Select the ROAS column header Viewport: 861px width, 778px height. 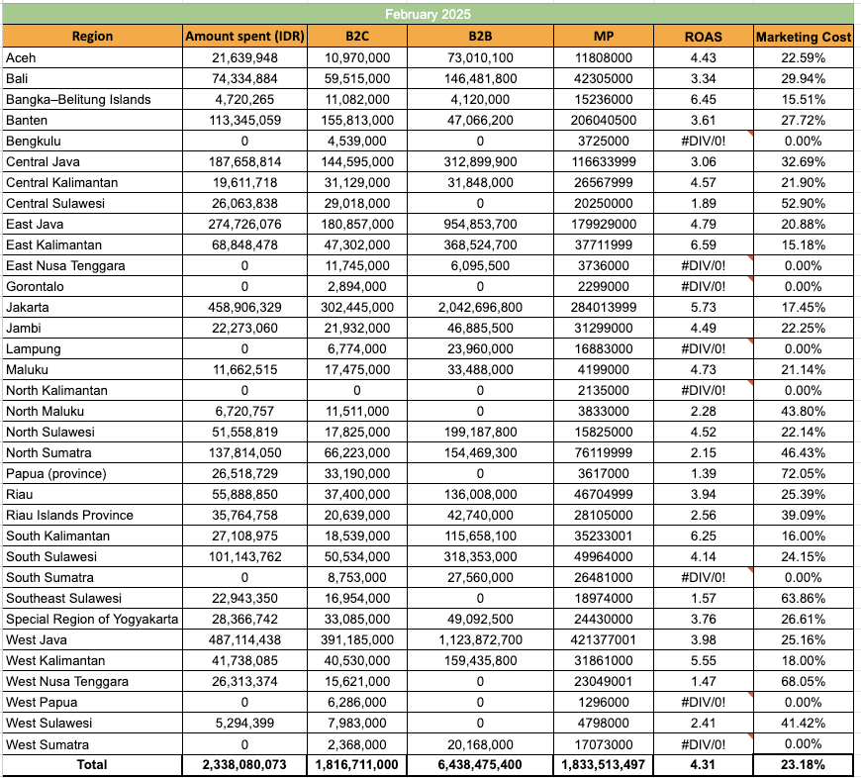pos(703,37)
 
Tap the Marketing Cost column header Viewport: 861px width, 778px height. pos(803,37)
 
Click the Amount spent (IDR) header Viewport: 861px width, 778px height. pos(245,37)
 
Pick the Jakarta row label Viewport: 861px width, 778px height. pos(28,308)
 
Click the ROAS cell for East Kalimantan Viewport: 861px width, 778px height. pos(703,244)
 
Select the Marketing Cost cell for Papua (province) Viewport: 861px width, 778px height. pos(803,474)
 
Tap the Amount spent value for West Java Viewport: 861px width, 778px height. pos(245,640)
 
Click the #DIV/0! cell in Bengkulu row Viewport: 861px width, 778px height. pos(703,142)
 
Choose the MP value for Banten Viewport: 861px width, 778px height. pos(604,120)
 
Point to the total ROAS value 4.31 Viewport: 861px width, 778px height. pos(703,765)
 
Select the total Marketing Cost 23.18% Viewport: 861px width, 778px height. pos(803,765)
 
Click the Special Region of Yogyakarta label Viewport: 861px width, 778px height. pos(91,620)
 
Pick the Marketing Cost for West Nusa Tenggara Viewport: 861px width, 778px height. pos(803,682)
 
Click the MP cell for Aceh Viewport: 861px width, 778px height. pos(604,58)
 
